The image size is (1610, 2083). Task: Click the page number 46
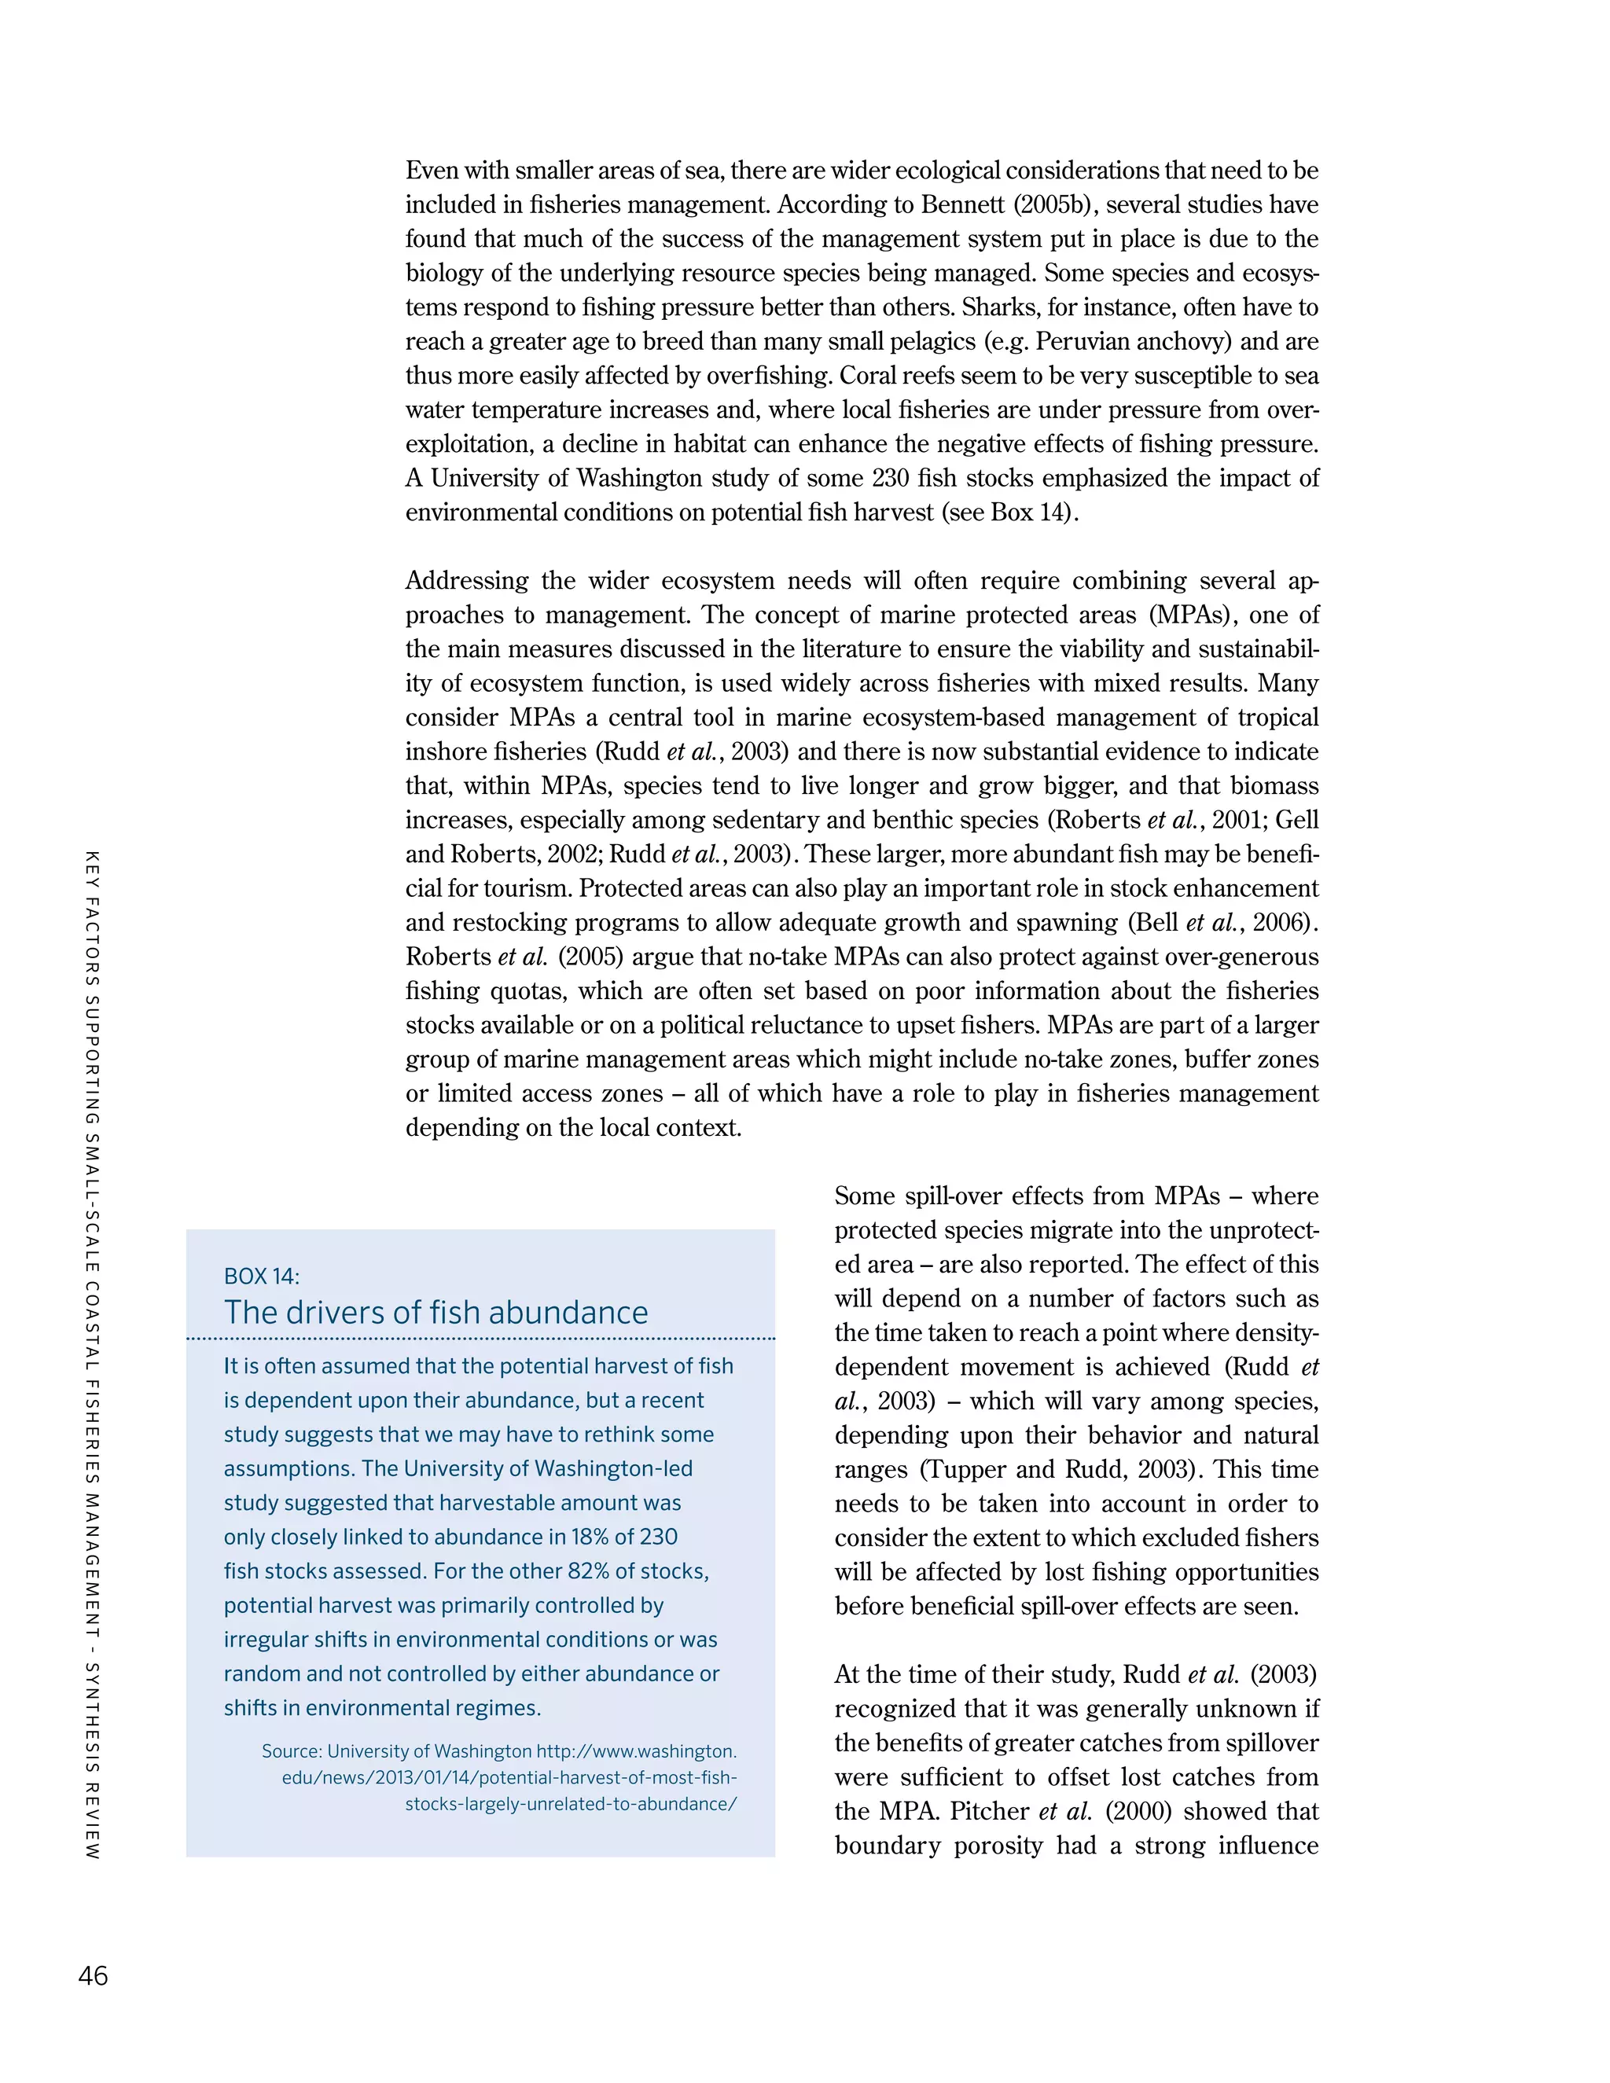point(93,1975)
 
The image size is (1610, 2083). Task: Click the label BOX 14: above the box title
point(261,1276)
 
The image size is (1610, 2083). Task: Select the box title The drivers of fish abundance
point(436,1313)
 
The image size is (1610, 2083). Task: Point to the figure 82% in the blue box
point(580,1571)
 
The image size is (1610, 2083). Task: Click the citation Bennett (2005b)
point(1003,205)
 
